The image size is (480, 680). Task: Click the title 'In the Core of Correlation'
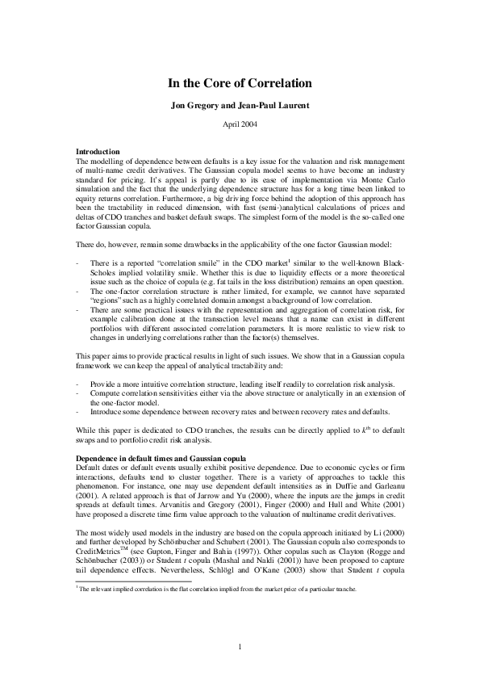tap(240, 83)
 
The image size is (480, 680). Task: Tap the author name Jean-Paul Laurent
tap(273, 105)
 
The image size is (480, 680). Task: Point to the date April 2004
tap(240, 124)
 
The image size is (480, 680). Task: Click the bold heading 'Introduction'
tap(98, 152)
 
